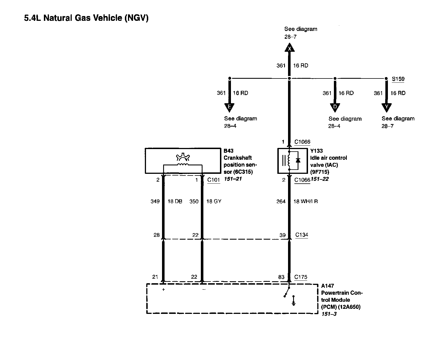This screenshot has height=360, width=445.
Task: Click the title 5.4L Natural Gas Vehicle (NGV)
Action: tap(86, 18)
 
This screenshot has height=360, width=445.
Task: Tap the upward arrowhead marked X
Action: tap(289, 48)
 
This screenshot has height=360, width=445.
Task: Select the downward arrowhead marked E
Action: tap(229, 107)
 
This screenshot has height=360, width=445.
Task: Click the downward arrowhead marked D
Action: tap(335, 107)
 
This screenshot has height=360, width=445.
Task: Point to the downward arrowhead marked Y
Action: tap(387, 107)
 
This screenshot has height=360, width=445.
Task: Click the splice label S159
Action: tap(398, 79)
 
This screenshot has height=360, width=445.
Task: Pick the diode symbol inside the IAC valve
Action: tap(297, 160)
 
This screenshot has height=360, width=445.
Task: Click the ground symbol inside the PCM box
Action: tap(293, 301)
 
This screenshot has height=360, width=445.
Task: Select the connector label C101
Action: tap(213, 180)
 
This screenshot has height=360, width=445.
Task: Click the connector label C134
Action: tap(302, 235)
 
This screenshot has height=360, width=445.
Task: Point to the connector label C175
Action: tap(301, 277)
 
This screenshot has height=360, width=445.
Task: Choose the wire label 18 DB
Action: tap(175, 201)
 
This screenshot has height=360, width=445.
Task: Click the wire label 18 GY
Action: tap(214, 201)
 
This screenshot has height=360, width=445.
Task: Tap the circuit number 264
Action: tap(281, 201)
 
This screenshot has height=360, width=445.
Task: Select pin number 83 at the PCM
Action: tap(281, 277)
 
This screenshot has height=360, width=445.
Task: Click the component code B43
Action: tap(228, 151)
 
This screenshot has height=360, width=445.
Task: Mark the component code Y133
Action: tap(316, 151)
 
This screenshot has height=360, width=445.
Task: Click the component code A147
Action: tap(327, 286)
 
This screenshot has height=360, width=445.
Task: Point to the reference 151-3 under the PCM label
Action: tap(329, 314)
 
